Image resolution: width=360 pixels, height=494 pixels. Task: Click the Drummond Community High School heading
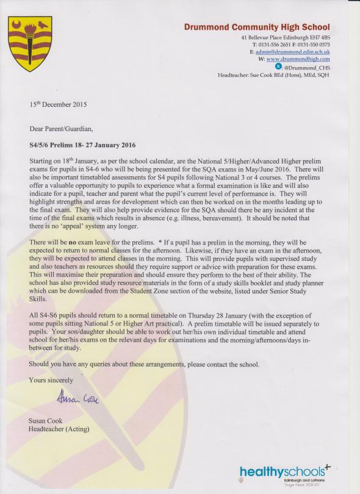(x=257, y=27)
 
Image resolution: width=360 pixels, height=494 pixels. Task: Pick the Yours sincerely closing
(x=54, y=380)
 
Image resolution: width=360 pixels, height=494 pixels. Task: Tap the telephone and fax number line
(x=290, y=45)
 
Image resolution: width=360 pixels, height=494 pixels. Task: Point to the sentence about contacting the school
(x=144, y=364)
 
